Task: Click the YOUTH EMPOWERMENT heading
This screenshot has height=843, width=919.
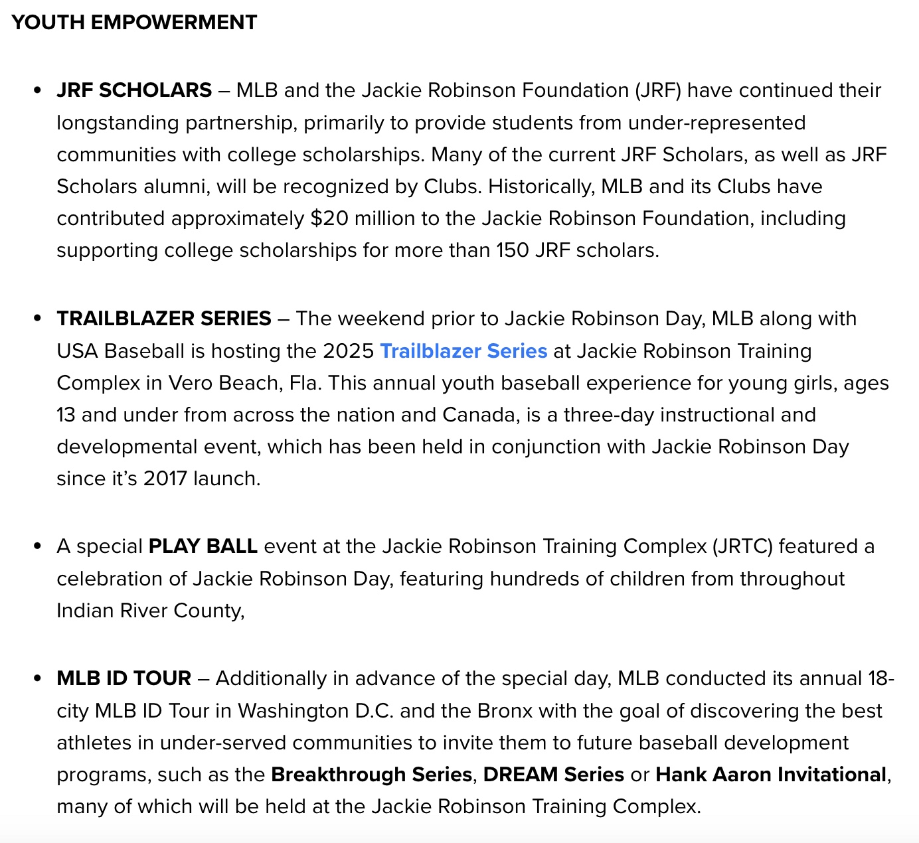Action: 134,23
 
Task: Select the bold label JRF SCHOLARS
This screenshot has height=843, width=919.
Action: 134,90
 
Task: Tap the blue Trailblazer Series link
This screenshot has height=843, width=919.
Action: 463,350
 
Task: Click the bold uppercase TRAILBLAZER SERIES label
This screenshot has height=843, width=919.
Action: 164,319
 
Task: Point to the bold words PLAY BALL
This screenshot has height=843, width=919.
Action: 203,546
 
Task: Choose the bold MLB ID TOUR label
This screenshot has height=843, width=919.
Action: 124,678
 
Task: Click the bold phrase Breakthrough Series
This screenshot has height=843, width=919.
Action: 371,775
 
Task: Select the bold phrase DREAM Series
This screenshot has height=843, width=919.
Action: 553,775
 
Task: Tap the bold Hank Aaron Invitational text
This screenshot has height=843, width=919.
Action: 770,775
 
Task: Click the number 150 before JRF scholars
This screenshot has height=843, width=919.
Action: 513,250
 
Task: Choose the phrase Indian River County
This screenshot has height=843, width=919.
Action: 150,611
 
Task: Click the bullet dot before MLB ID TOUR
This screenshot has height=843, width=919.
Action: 37,679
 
